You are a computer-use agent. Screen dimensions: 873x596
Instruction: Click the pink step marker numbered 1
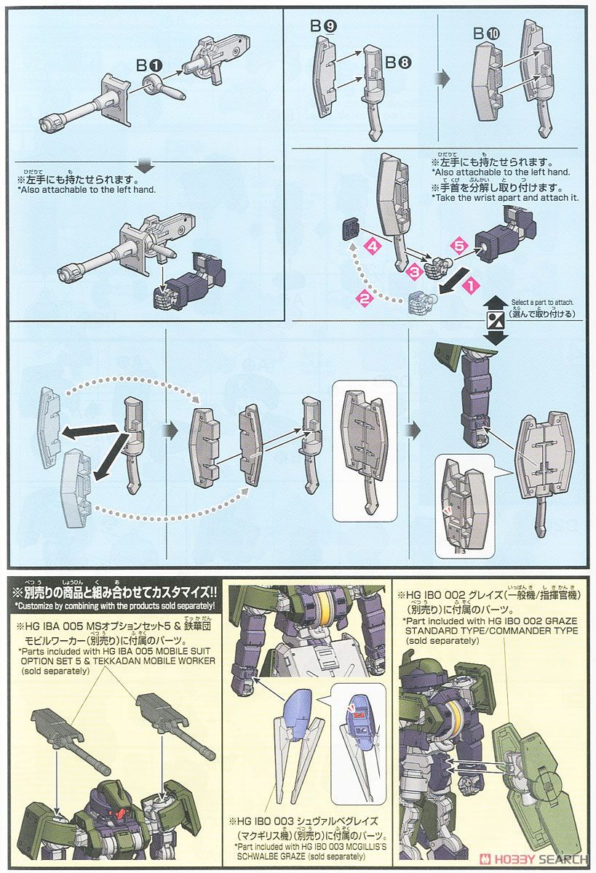point(470,288)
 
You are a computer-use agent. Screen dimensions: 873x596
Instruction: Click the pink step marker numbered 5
point(456,246)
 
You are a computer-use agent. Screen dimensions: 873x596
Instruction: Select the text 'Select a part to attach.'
point(543,302)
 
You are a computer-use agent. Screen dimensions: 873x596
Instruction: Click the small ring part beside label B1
point(155,84)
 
